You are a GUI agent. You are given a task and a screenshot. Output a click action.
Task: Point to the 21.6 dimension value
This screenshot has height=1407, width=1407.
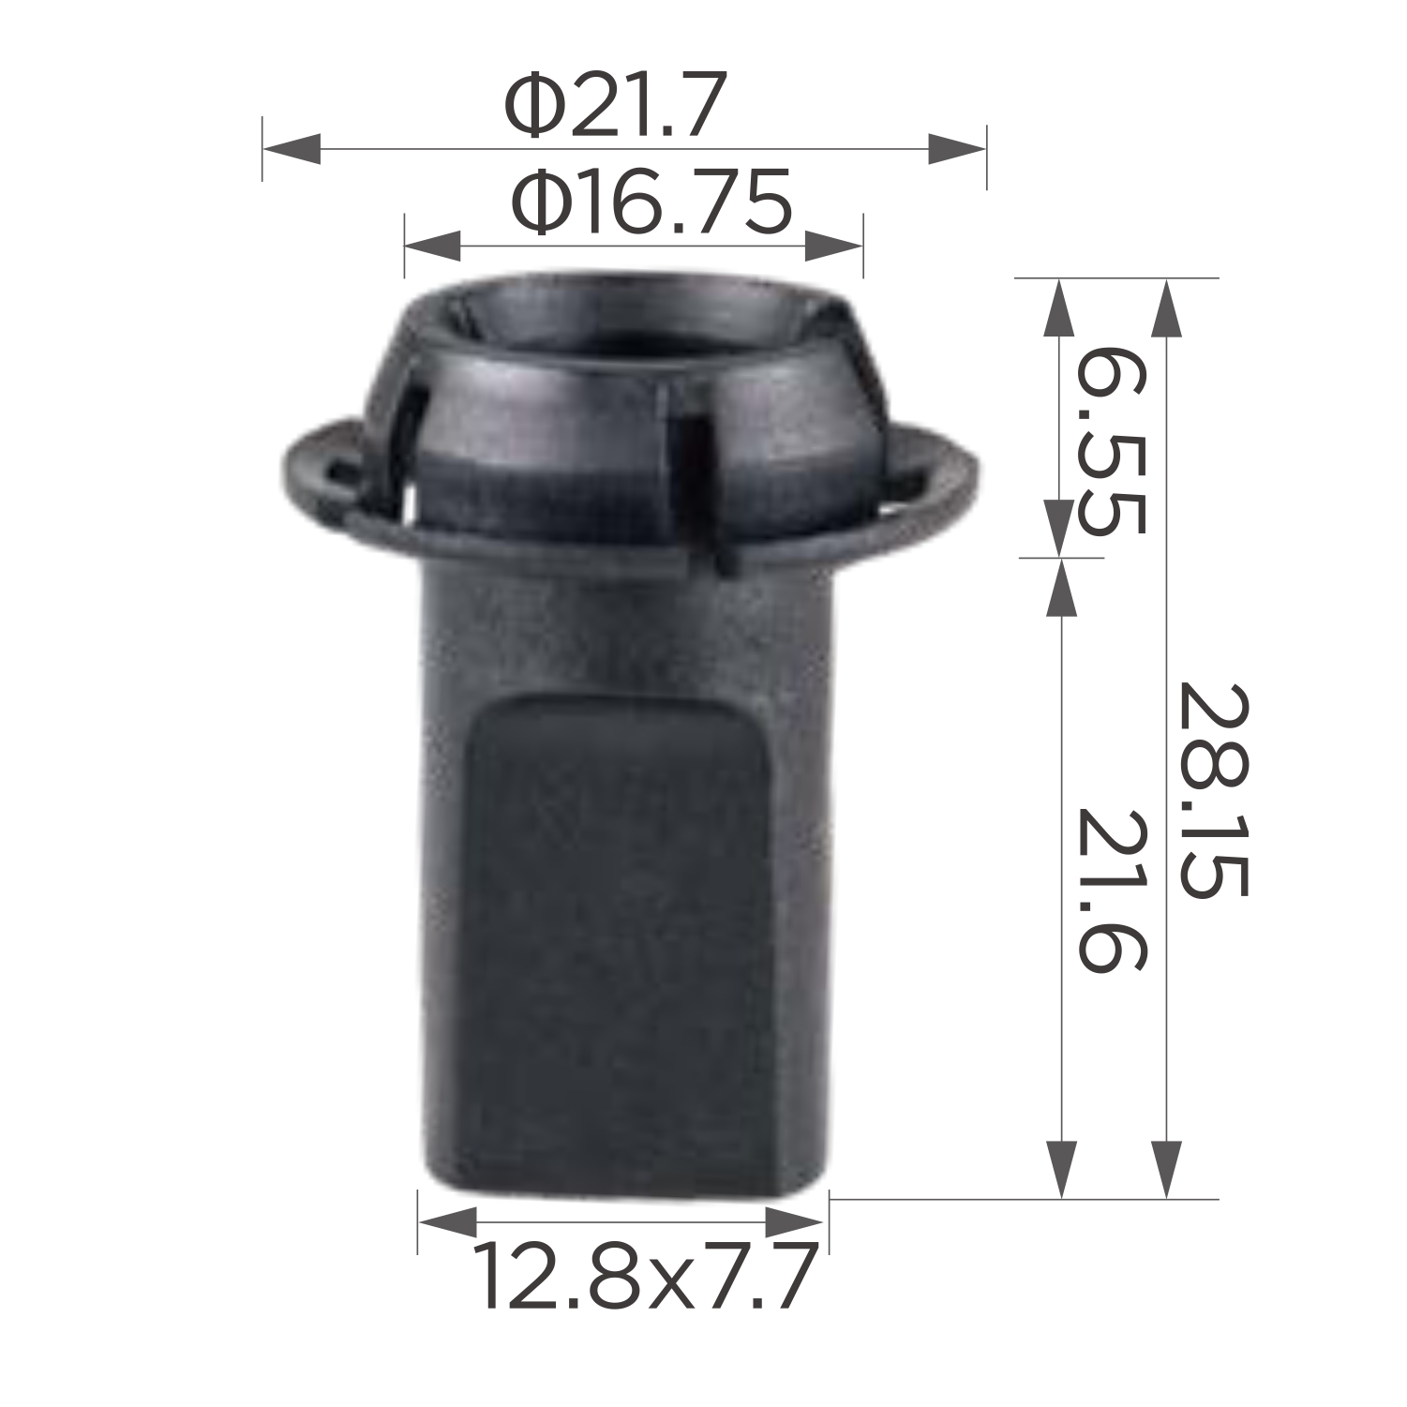(x=1111, y=890)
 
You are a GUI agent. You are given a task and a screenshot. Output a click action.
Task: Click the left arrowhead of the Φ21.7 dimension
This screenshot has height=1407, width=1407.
(x=292, y=148)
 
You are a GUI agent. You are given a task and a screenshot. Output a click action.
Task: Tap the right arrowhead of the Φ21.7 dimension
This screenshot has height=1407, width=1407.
(x=957, y=148)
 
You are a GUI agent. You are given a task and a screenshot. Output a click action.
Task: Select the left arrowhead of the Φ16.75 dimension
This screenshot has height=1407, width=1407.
(x=432, y=247)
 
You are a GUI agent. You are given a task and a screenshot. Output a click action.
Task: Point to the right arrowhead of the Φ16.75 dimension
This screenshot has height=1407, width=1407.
(x=833, y=247)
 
